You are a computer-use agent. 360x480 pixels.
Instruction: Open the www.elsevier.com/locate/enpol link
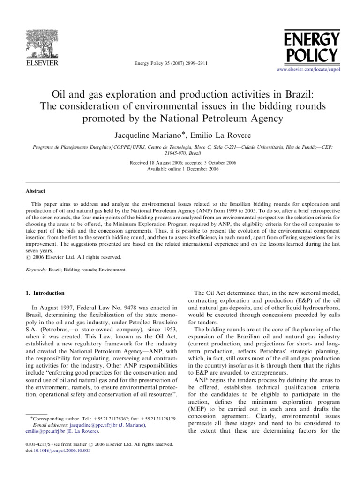[x=308, y=69]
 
